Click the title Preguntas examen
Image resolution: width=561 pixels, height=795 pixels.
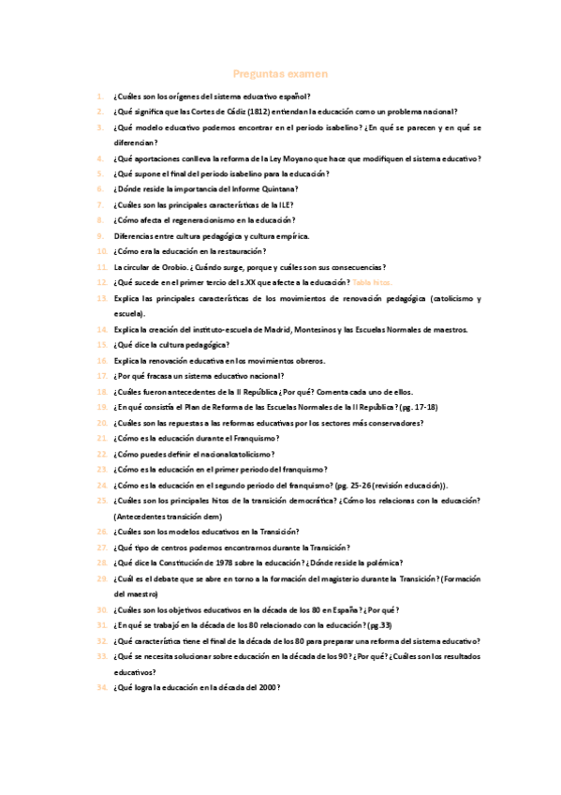[x=280, y=73]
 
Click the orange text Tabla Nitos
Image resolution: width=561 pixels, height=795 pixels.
[x=373, y=282]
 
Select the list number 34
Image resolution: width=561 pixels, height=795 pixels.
[x=101, y=688]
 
